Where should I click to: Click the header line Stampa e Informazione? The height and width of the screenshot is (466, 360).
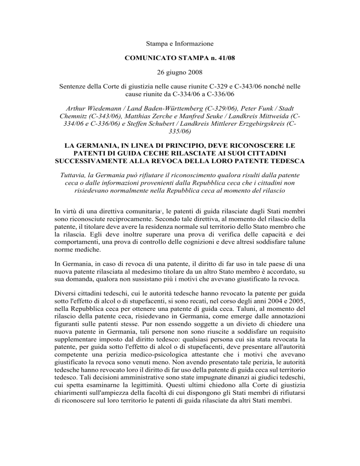pos(180,44)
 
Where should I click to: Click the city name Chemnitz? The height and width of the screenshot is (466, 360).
pos(77,115)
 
